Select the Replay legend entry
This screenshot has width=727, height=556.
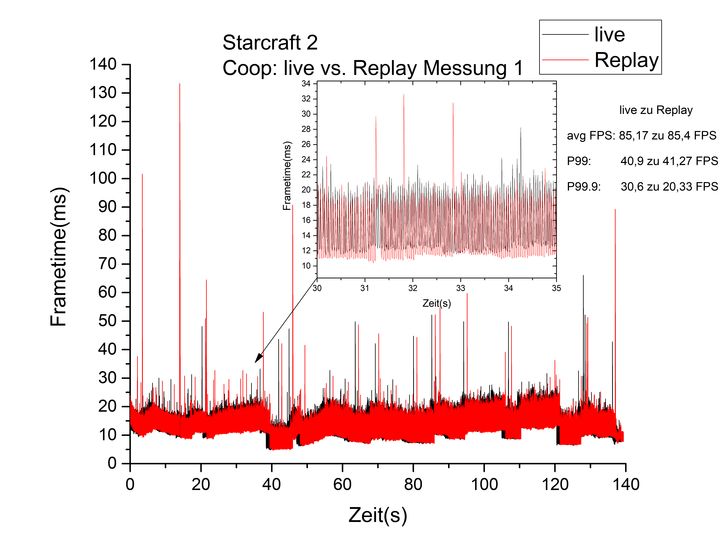coord(626,60)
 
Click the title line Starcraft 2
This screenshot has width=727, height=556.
coord(270,42)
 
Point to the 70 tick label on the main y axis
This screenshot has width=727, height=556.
coord(107,264)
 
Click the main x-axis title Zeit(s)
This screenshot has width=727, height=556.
coord(378,515)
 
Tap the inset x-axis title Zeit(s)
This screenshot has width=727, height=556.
coord(437,303)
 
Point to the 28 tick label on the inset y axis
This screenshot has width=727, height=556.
coord(306,129)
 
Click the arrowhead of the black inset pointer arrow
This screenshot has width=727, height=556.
coord(258,359)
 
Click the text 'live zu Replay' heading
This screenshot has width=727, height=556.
coord(656,110)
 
